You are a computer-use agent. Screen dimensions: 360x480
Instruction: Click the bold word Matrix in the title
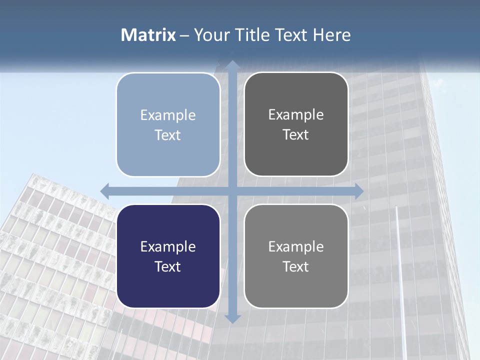tap(148, 35)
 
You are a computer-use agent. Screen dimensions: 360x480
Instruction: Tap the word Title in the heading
tap(251, 35)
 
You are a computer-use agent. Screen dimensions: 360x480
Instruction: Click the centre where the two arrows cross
tap(232, 191)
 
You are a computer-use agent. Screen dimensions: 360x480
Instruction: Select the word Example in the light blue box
tap(168, 115)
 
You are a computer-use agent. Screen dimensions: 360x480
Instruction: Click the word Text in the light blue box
tap(168, 135)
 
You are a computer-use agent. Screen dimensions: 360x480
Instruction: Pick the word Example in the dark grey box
tap(296, 115)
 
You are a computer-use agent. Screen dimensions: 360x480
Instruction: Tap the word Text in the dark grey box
tap(296, 135)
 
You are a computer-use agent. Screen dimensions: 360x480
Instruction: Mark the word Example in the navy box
tap(168, 247)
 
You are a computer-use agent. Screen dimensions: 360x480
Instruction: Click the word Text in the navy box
tap(168, 267)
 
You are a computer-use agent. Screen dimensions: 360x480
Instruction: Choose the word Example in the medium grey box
tap(296, 247)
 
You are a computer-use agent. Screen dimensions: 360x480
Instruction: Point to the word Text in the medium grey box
tap(296, 267)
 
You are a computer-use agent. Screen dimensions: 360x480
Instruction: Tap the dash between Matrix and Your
tap(184, 35)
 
